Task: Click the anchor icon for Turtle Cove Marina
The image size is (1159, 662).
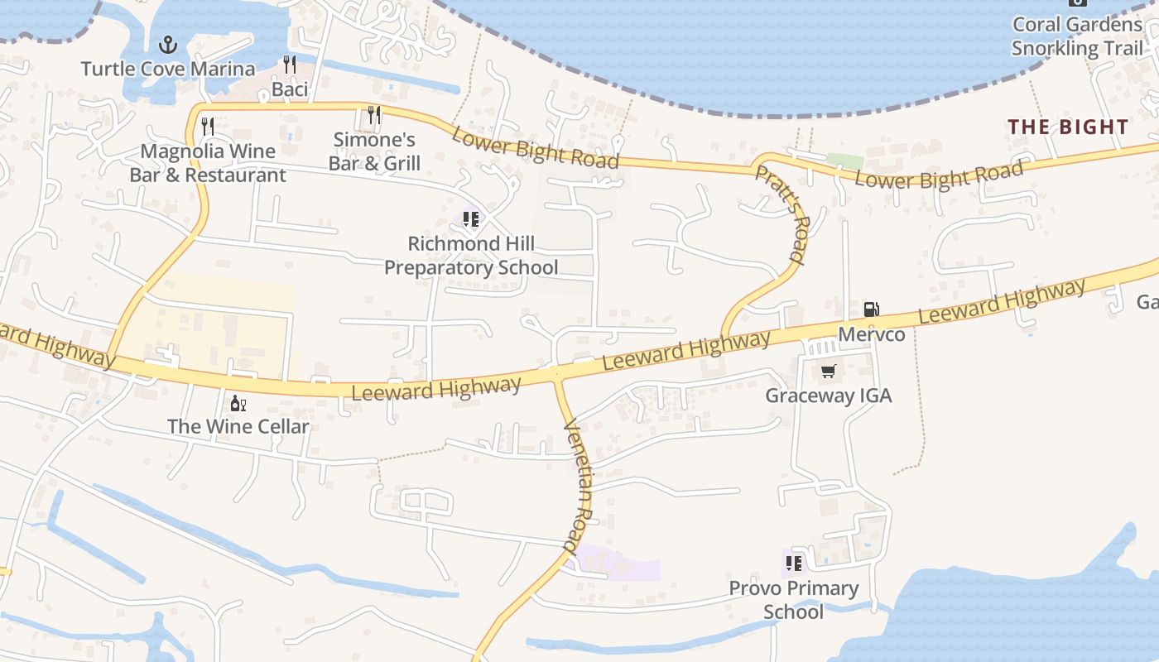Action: pos(169,44)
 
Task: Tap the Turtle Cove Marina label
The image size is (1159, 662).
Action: pos(168,68)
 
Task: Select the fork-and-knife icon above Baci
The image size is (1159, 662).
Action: pos(289,65)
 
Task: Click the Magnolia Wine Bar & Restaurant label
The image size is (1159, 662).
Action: pos(208,163)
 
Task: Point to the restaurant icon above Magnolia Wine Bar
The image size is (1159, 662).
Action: pos(208,127)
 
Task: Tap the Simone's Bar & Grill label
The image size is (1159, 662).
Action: pos(374,151)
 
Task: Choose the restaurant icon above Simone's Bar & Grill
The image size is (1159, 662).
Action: pos(374,115)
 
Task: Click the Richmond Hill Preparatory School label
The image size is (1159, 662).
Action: pos(471,256)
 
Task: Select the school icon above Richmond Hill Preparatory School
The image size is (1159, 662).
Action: pos(471,219)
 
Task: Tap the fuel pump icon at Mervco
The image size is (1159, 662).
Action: pos(871,309)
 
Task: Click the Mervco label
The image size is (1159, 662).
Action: pos(871,334)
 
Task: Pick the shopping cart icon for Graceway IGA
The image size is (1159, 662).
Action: pos(829,371)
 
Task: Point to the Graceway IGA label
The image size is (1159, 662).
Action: pos(829,396)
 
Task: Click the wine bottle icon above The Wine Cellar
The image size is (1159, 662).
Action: pos(238,403)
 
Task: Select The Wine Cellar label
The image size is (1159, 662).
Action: pos(238,427)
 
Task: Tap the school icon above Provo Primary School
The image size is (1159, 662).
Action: pos(794,564)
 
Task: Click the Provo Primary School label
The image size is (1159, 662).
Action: pos(794,600)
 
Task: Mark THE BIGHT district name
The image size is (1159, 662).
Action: pos(1068,127)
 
